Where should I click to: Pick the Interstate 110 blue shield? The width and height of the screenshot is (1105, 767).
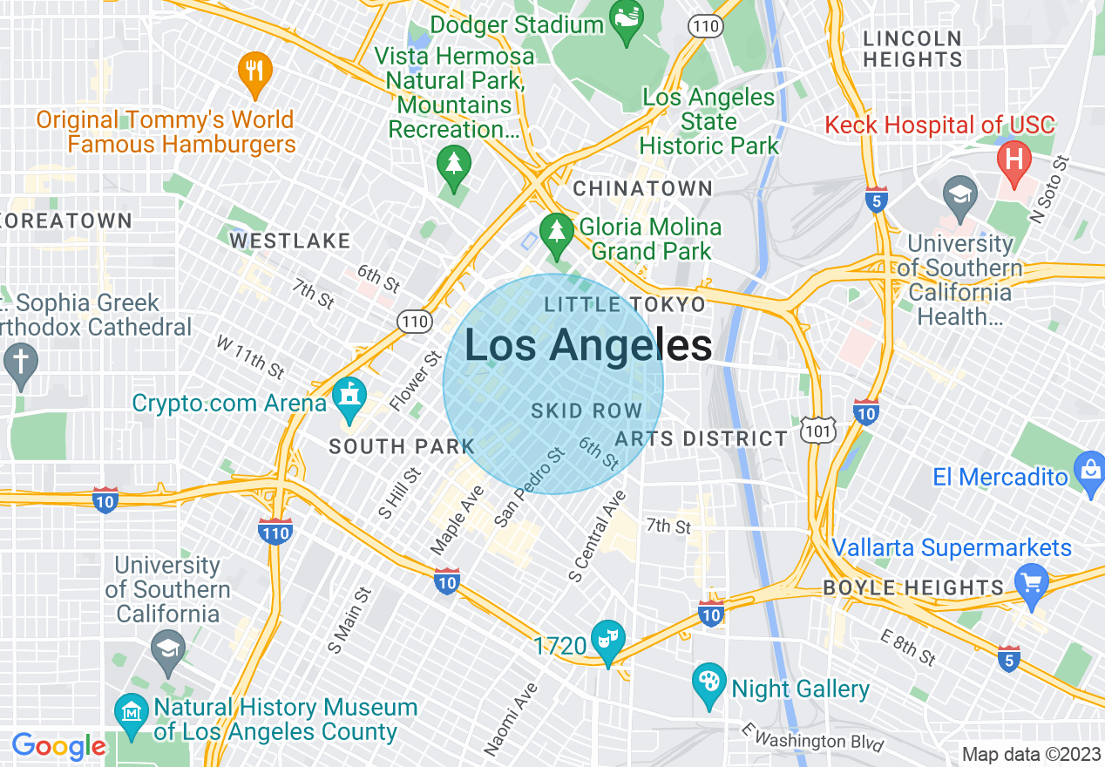click(275, 530)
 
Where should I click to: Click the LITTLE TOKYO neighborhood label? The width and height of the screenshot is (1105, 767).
click(624, 305)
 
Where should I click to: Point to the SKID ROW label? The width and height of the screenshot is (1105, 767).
click(586, 411)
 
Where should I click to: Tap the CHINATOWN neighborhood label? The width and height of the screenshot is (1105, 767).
click(642, 188)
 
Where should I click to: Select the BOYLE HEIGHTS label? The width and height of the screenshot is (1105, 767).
click(914, 587)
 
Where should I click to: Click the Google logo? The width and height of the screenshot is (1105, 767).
click(58, 746)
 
